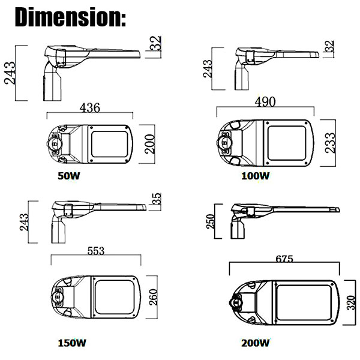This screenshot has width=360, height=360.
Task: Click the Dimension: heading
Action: [x=70, y=17]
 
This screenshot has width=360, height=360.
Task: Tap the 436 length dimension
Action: [x=90, y=108]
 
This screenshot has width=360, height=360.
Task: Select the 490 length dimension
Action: [x=265, y=102]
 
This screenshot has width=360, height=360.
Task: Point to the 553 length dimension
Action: [x=96, y=251]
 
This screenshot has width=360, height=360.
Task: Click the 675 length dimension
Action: [x=284, y=259]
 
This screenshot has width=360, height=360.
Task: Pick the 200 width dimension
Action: [x=149, y=144]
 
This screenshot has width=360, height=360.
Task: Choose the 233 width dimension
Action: [x=331, y=143]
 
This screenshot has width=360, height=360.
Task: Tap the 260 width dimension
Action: [x=154, y=297]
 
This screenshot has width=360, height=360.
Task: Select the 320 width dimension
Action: [x=351, y=302]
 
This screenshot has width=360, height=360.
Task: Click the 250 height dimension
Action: [x=211, y=221]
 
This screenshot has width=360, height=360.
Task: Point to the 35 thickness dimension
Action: [x=157, y=199]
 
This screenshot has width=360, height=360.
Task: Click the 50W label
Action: [x=69, y=176]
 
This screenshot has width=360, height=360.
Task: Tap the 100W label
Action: [x=256, y=176]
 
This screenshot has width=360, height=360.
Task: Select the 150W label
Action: [x=72, y=343]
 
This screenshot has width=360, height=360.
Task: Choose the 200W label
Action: [x=256, y=343]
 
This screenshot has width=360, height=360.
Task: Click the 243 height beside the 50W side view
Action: [x=10, y=73]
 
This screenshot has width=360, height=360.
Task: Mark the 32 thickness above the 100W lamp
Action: [x=329, y=46]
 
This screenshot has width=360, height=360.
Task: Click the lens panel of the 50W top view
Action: [x=110, y=144]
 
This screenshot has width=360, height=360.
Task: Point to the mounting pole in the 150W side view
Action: [x=58, y=231]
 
